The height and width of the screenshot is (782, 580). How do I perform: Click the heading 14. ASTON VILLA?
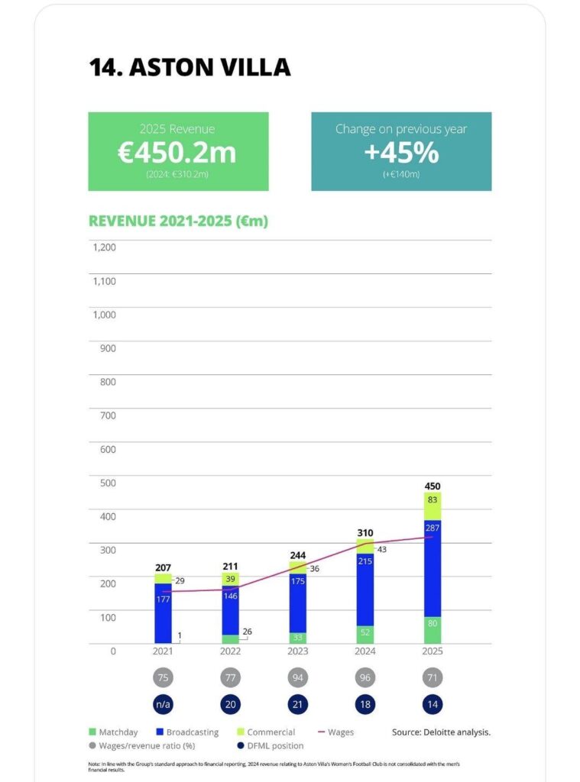click(190, 66)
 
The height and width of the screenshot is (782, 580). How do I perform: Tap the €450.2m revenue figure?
click(177, 152)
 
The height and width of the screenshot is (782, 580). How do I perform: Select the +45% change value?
click(401, 153)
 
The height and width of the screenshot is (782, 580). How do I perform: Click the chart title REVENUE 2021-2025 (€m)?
click(178, 221)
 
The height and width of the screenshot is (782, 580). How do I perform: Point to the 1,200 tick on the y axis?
click(104, 247)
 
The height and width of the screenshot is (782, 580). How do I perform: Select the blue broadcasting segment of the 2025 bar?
click(433, 568)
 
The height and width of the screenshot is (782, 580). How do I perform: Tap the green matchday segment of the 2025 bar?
click(433, 630)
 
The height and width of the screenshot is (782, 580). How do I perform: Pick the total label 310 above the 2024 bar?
click(365, 532)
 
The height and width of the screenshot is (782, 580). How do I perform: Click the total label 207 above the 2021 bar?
click(163, 567)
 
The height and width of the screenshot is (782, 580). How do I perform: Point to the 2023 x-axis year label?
click(297, 651)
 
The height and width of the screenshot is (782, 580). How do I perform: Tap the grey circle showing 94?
click(297, 678)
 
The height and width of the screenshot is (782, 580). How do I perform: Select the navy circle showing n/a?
click(163, 704)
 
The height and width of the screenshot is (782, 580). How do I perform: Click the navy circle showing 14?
click(433, 704)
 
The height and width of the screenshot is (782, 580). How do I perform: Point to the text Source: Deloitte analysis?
click(441, 732)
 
